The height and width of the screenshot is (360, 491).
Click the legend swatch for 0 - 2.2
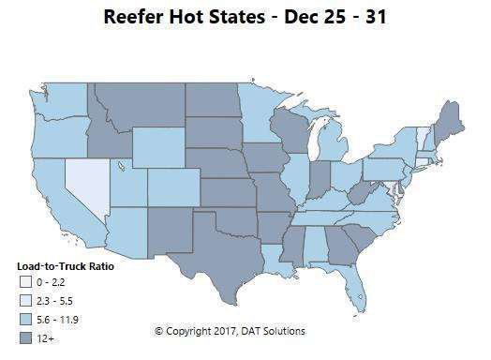coord(24,282)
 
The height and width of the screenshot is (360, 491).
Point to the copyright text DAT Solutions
coord(272,331)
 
